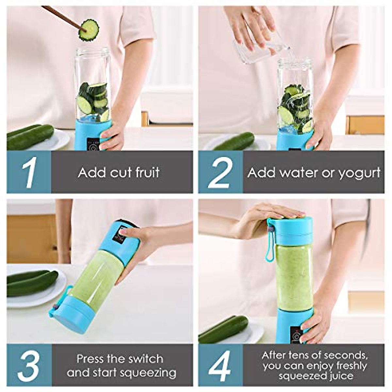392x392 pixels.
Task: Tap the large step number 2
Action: click(x=220, y=172)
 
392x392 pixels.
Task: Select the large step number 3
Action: click(x=29, y=365)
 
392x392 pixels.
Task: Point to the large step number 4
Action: click(x=220, y=365)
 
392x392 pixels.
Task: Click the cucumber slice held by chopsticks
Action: click(x=89, y=30)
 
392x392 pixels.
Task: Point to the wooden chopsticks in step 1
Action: click(x=62, y=16)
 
